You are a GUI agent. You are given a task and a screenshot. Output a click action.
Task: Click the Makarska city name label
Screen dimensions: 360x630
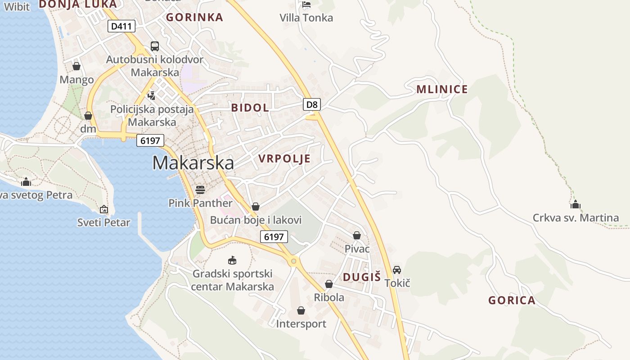(193, 163)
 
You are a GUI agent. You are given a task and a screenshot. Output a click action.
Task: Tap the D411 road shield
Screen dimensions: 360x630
(121, 26)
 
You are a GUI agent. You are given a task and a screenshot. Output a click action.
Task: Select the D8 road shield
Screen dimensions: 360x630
(312, 105)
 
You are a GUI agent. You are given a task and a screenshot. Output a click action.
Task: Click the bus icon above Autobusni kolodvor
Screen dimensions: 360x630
(154, 46)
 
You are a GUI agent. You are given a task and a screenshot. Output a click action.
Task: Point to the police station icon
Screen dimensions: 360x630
(152, 95)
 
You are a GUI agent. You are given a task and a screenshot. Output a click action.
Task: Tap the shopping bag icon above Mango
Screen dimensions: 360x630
(76, 66)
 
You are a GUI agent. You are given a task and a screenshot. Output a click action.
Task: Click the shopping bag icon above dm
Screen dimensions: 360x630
(88, 116)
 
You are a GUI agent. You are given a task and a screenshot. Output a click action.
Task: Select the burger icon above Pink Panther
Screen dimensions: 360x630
(200, 189)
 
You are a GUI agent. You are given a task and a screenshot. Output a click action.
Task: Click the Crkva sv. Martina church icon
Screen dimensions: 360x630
(576, 205)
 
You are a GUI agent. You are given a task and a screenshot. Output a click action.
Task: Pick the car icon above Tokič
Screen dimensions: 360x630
(397, 270)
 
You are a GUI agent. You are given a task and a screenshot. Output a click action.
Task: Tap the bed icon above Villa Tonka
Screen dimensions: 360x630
(306, 4)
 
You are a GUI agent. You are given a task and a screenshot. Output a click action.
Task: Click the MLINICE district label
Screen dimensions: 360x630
(442, 89)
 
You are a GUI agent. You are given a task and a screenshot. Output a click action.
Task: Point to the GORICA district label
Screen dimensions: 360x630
(512, 300)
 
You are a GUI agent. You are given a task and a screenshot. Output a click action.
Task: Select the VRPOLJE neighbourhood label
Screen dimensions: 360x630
(284, 158)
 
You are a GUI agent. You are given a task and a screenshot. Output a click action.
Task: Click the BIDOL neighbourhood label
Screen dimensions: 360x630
(250, 108)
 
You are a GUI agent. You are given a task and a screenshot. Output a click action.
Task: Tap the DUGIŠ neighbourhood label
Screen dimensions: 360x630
(362, 277)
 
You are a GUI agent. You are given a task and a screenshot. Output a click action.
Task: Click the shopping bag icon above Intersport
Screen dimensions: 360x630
(301, 310)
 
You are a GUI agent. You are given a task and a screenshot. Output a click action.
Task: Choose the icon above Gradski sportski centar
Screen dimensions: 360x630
(232, 260)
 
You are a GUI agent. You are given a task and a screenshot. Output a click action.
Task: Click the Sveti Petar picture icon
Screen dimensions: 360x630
(104, 209)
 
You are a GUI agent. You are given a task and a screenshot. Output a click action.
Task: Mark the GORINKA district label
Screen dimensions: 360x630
(194, 17)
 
